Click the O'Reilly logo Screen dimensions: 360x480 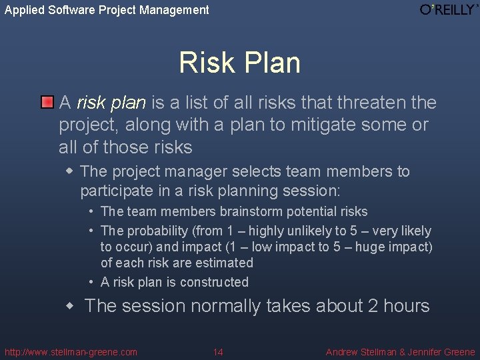click(449, 10)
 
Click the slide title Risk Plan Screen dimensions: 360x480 click(239, 63)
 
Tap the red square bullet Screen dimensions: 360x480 click(46, 103)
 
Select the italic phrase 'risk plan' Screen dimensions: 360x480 click(111, 103)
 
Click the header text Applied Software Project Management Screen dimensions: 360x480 click(107, 10)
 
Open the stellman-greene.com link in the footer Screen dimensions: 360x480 click(71, 352)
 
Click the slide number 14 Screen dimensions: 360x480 click(218, 352)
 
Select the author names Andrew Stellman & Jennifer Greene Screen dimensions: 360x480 click(400, 352)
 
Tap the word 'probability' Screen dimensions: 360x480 click(157, 231)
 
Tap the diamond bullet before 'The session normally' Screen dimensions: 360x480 click(71, 306)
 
